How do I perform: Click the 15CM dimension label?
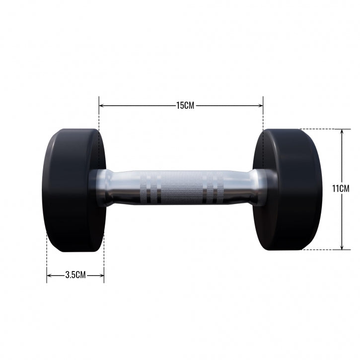click(x=185, y=105)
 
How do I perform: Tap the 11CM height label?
click(x=341, y=189)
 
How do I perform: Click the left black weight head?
click(x=72, y=191)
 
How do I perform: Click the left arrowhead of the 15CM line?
click(x=101, y=105)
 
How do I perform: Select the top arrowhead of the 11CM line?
click(x=342, y=132)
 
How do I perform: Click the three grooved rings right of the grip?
click(x=216, y=188)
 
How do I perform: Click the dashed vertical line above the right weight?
click(x=263, y=117)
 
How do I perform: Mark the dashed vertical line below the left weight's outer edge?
click(x=47, y=258)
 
